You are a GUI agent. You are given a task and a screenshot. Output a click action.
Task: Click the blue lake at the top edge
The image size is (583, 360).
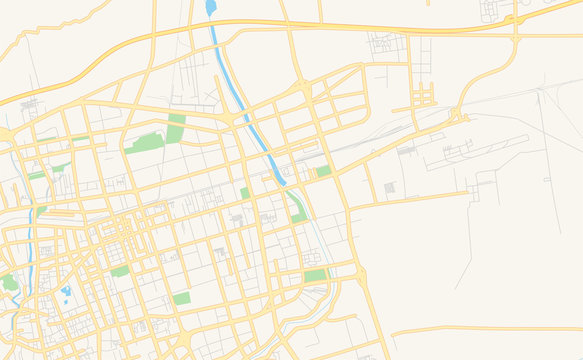pos(211,8)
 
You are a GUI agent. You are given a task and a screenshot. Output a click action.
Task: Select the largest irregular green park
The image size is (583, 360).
pos(145,142)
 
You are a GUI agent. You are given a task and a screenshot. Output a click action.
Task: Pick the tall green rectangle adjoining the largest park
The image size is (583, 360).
pos(176,128)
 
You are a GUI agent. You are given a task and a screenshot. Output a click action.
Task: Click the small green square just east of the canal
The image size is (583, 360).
pos(323,172)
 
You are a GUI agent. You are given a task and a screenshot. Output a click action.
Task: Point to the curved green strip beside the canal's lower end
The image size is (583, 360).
pos(296,209)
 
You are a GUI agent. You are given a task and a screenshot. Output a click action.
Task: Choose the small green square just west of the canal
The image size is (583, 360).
pos(245,193)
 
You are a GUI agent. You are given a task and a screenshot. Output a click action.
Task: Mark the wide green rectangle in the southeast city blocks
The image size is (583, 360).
pos(315,276)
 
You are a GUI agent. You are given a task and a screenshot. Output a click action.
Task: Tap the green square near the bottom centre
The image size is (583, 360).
pos(181,298)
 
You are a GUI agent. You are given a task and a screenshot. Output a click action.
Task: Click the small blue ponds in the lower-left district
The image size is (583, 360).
pos(66,294)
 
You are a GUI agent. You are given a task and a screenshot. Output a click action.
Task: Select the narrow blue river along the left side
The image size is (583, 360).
pos(31,240)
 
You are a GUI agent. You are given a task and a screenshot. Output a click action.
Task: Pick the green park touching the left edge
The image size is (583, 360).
pos(8,283)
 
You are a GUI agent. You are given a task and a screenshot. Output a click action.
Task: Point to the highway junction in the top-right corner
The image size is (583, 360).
pos(514,20)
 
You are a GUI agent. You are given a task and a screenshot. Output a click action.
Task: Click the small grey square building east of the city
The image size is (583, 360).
pos(390,187)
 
